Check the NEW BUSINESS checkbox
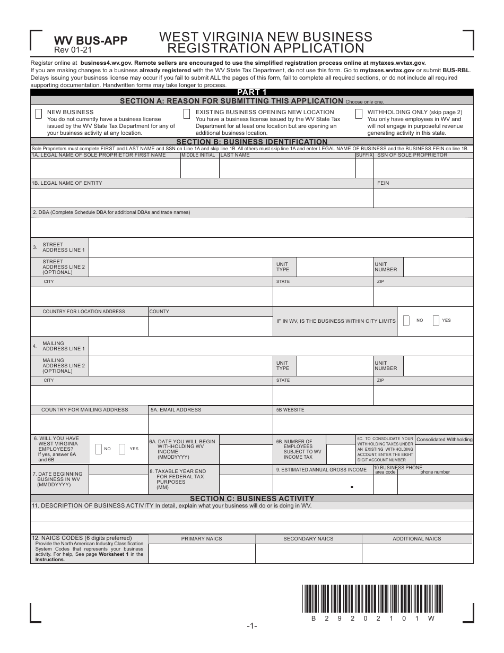(39, 114)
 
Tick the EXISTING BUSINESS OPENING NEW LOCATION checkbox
(187, 114)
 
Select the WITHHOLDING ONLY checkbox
(359, 114)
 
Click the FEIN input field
(423, 198)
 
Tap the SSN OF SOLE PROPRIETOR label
(412, 155)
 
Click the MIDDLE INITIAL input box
(199, 168)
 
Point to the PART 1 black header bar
(251, 92)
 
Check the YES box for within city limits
(436, 321)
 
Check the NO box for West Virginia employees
(98, 449)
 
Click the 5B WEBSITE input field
(372, 424)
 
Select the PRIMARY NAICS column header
(202, 539)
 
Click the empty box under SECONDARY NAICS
(308, 553)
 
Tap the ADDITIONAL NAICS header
(416, 539)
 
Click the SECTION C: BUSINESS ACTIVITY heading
(251, 499)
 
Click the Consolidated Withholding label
(444, 440)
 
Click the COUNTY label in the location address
(159, 312)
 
